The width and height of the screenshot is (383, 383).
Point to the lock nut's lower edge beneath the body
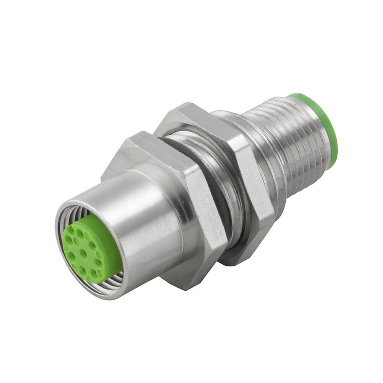pos(237,257)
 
